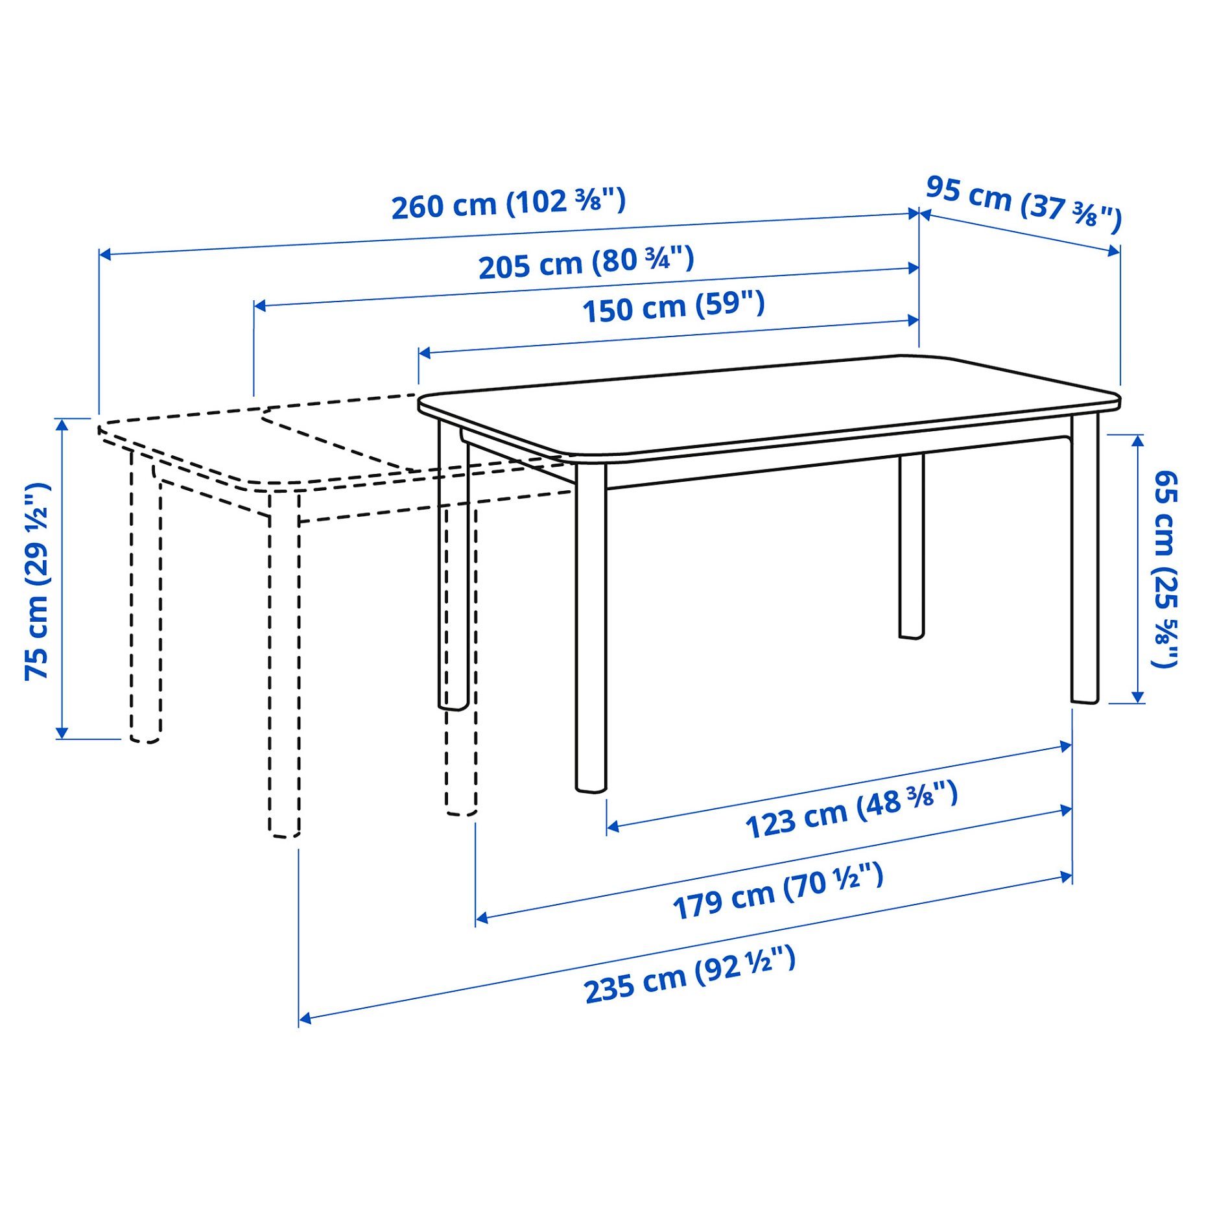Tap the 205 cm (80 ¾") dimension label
coord(586,263)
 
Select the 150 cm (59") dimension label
coord(673,307)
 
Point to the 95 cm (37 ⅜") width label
coord(1023,204)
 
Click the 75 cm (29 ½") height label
coord(38,581)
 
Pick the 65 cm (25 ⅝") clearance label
coord(1164,569)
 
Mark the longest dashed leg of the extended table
coord(284,668)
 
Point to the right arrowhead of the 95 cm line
coord(1115,251)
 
